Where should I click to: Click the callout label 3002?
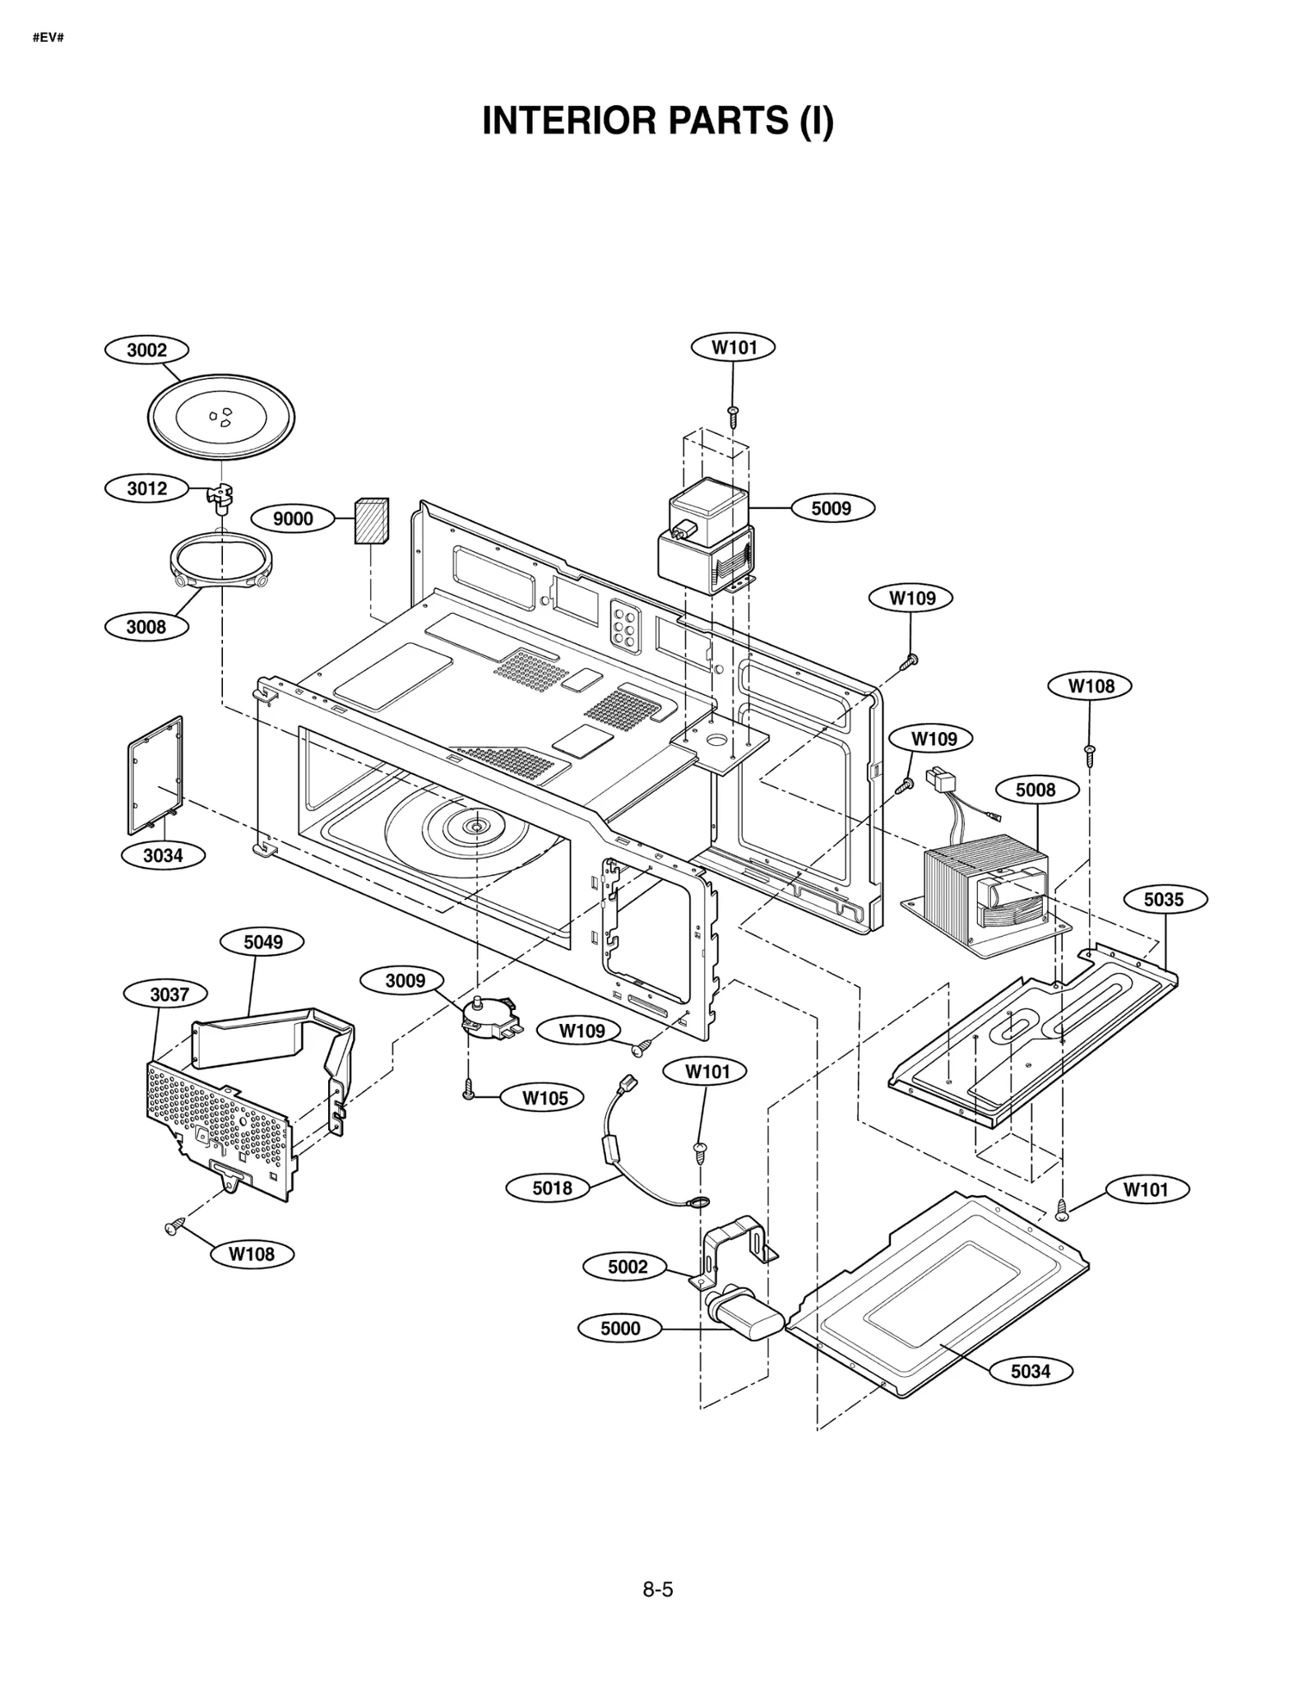click(146, 350)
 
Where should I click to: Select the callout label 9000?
click(293, 518)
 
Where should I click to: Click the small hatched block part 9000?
click(371, 521)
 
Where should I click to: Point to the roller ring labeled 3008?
click(220, 562)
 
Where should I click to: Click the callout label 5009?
click(832, 508)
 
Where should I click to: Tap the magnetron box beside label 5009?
click(707, 538)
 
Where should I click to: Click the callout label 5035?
click(1164, 899)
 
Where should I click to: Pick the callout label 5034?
click(1031, 1371)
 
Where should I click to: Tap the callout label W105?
click(544, 1098)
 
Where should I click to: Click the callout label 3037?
click(169, 994)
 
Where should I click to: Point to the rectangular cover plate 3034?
click(155, 776)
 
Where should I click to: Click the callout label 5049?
click(262, 942)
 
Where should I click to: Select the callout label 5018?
click(552, 1188)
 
